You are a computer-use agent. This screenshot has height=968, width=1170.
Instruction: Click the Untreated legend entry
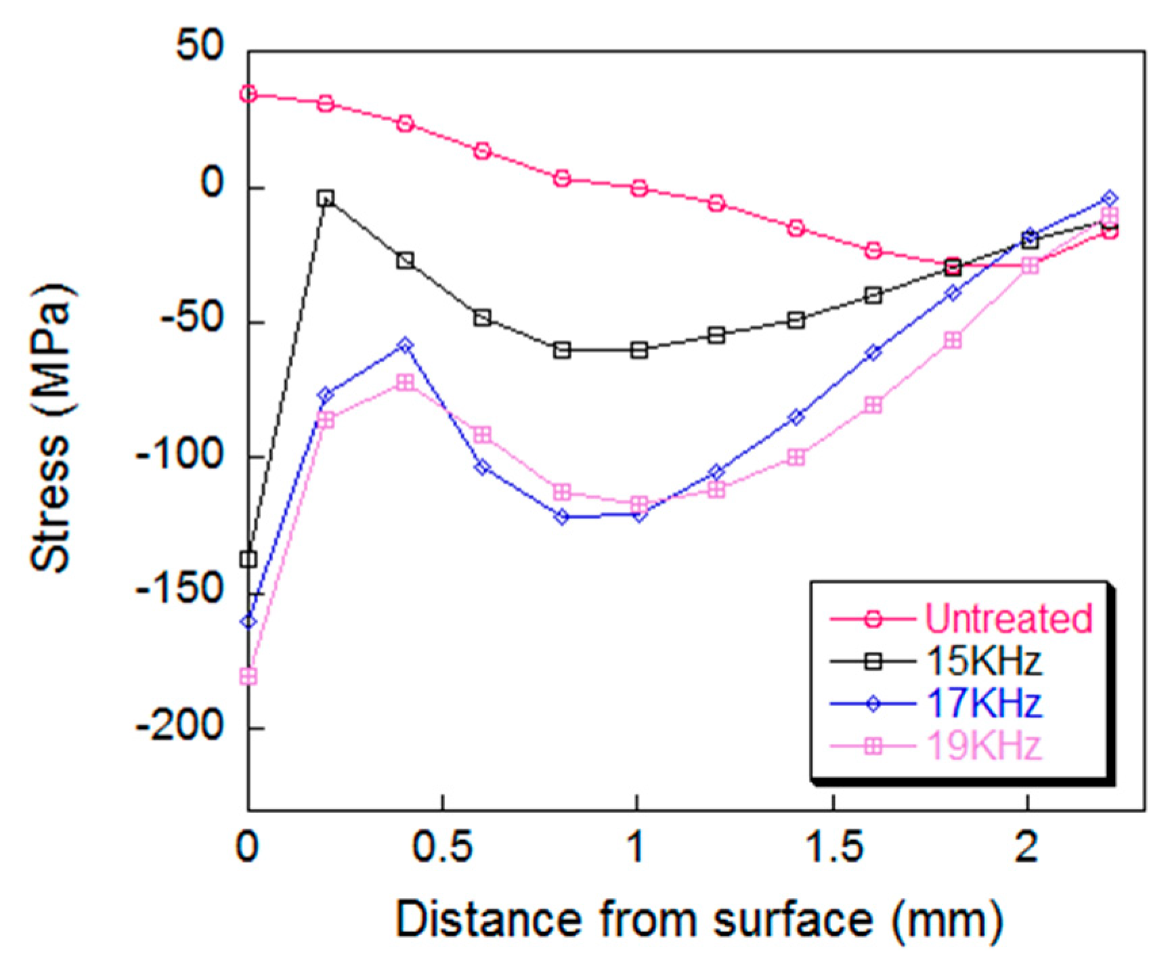[1008, 618]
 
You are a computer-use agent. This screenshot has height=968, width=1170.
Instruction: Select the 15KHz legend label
[983, 661]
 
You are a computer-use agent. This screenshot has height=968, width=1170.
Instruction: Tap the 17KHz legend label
[983, 703]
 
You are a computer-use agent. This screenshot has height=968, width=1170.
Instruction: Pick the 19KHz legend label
[983, 746]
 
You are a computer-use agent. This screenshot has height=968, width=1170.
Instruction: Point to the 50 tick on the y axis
[199, 47]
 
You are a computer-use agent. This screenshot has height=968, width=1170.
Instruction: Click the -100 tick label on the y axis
[180, 456]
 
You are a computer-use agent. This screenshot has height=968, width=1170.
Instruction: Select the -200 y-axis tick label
[180, 728]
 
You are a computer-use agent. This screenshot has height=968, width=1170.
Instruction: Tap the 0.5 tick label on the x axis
[441, 847]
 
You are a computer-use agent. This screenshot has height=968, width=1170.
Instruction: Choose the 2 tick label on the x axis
[1027, 847]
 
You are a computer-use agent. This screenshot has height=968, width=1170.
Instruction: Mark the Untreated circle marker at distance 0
[248, 94]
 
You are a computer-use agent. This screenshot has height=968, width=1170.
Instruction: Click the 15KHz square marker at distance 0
[248, 560]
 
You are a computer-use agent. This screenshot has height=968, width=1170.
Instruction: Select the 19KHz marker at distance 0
[248, 676]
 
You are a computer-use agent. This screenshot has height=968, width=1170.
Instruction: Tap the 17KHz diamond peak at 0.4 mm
[405, 345]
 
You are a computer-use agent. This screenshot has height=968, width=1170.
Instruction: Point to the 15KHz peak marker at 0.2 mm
[326, 198]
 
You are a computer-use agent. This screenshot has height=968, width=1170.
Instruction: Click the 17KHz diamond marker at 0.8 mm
[562, 517]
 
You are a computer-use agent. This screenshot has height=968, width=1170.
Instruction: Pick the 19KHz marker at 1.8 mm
[953, 340]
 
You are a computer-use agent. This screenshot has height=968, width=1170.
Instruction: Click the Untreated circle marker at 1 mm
[639, 188]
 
